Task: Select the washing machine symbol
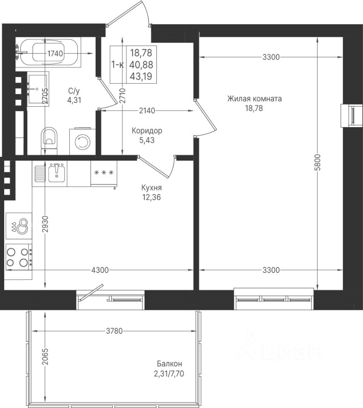tap(82, 141)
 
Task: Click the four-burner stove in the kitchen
tap(18, 257)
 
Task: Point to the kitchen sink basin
tap(57, 173)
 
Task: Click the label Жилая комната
tap(254, 99)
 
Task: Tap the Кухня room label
tap(151, 188)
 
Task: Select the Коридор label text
tap(147, 130)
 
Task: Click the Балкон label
tap(170, 363)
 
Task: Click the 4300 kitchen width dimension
tap(100, 270)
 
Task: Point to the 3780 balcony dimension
tap(114, 331)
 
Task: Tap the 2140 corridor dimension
tap(147, 111)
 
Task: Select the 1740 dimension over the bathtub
tap(55, 54)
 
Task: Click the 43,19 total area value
tap(142, 76)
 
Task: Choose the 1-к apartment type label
tap(117, 64)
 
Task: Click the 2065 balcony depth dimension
tap(45, 357)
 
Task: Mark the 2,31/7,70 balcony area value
tap(169, 374)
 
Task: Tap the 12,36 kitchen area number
tap(151, 197)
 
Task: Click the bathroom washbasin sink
tap(37, 89)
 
